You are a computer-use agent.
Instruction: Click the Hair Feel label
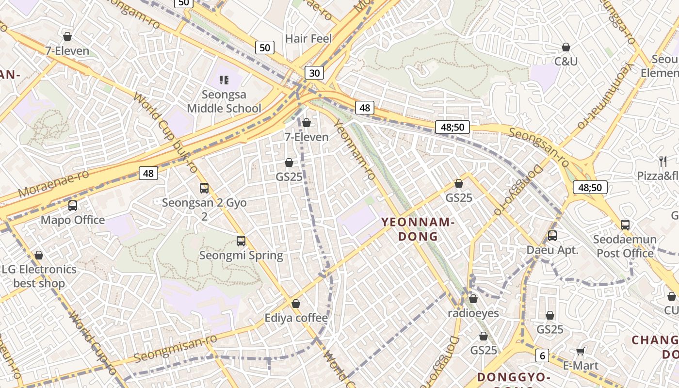coord(308,38)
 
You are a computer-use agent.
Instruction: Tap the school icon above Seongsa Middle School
coord(224,80)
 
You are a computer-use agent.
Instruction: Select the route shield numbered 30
coord(314,73)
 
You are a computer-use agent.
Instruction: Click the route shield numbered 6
coord(542,356)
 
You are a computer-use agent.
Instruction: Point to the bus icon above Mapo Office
coord(73,206)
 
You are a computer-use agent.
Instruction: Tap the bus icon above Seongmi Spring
coord(241,241)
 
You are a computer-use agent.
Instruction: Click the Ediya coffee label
coord(296,318)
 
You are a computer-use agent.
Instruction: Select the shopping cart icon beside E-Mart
coord(580,351)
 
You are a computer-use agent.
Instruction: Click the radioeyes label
coord(473,313)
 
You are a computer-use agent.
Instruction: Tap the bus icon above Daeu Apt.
coord(552,236)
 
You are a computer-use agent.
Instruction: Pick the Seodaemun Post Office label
coord(625,246)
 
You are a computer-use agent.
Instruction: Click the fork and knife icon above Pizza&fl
coord(663,162)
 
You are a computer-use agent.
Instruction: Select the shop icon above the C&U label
coord(566,47)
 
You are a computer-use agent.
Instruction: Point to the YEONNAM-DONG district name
coord(418,229)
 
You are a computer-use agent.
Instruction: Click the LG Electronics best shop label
coord(39,276)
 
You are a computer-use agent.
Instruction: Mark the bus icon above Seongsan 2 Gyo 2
coord(204,188)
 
